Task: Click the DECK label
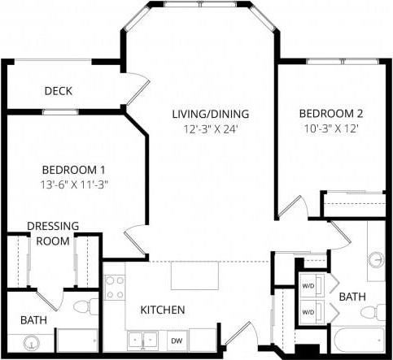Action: coord(59,90)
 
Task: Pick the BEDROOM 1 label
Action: coord(74,169)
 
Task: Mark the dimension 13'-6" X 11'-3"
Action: coord(74,184)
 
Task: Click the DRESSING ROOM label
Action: coord(53,233)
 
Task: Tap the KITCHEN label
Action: coord(163,310)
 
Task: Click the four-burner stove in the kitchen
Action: coord(115,287)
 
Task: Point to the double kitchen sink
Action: coord(142,340)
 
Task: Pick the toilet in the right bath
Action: coord(375,311)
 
